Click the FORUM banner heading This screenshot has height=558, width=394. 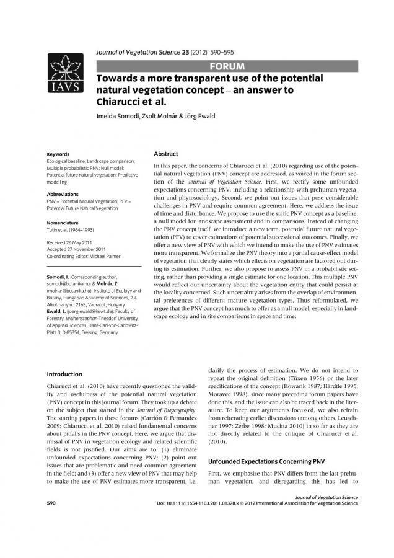tap(227, 66)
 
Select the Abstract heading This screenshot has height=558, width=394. tap(165, 154)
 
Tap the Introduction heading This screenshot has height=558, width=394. tap(64, 374)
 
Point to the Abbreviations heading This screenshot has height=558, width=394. tap(63, 194)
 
